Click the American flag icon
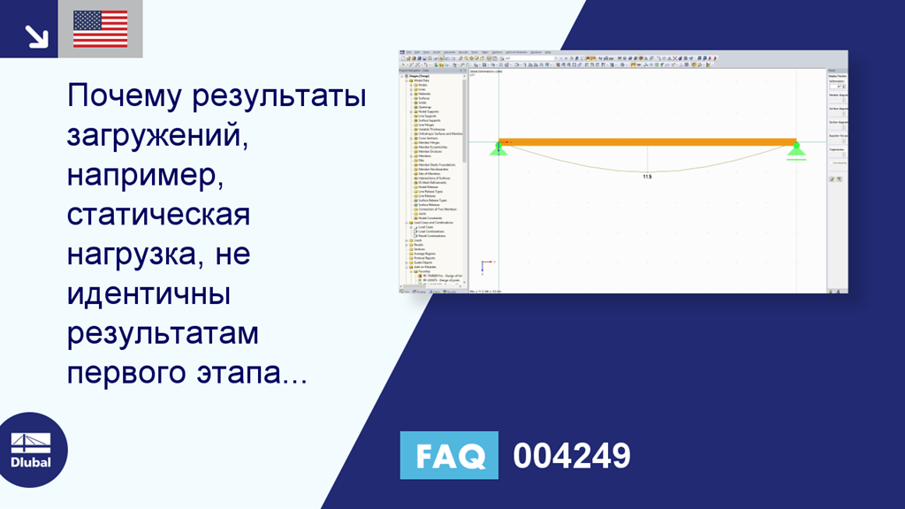(100, 29)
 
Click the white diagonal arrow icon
(35, 34)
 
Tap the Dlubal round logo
(31, 450)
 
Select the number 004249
(572, 456)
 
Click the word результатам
(164, 333)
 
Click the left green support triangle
(498, 149)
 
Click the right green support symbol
(796, 150)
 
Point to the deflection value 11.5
(647, 177)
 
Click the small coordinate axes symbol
(484, 266)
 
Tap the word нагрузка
(133, 254)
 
